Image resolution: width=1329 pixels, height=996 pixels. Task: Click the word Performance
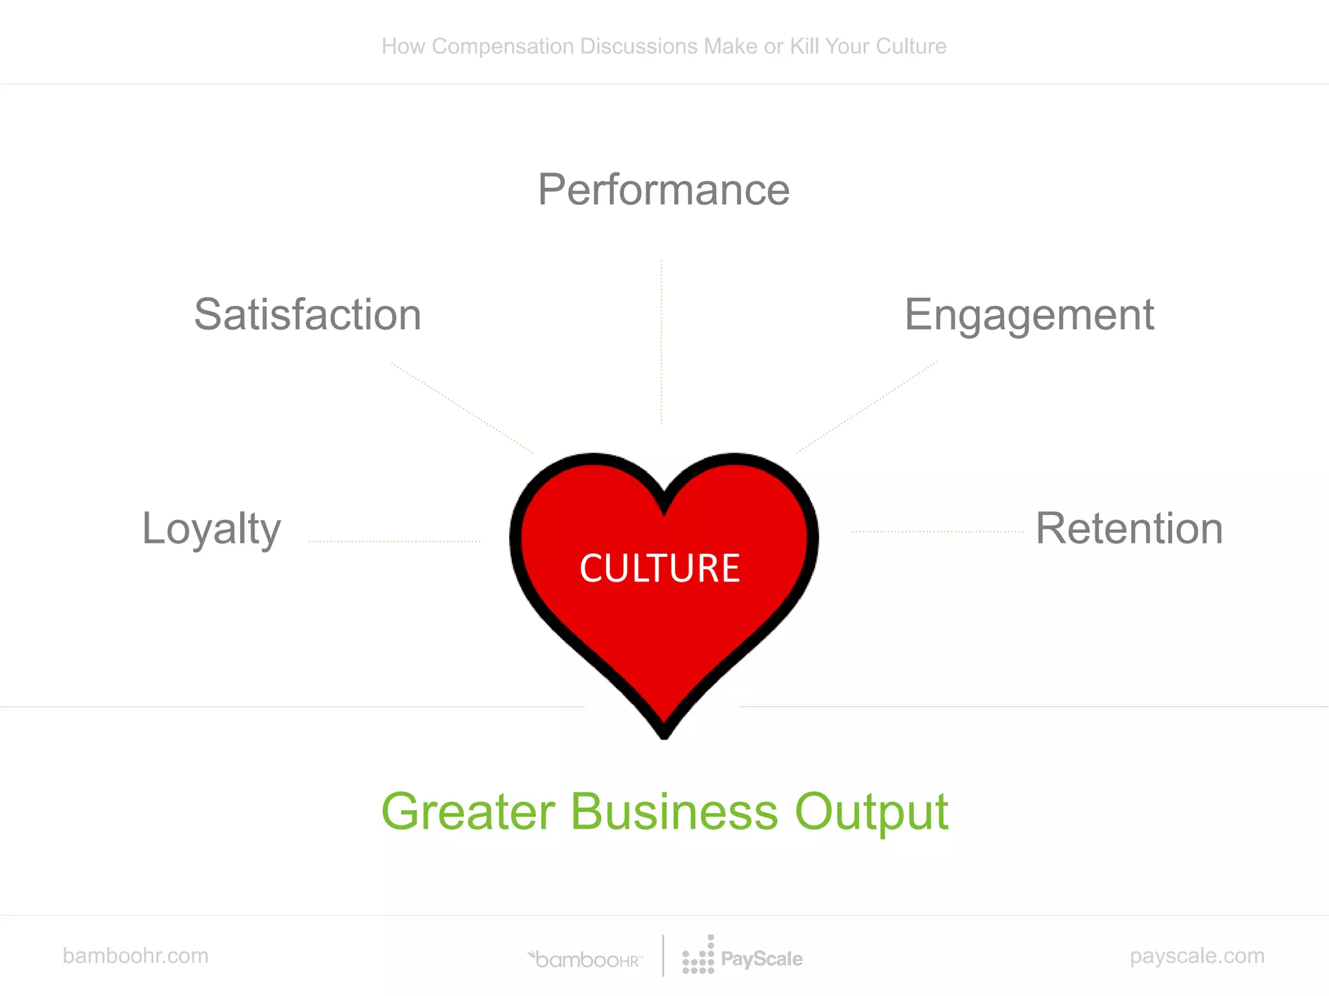(663, 190)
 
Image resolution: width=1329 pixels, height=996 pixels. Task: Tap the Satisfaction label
(308, 315)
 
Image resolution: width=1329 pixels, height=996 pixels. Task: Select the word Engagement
(1029, 315)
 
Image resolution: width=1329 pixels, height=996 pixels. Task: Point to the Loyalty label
(211, 529)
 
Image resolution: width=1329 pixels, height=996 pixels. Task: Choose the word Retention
(1129, 529)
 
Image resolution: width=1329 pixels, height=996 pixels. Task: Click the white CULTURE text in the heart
(659, 568)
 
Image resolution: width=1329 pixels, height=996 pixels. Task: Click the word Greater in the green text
(468, 812)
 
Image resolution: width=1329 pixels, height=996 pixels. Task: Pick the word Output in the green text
(871, 813)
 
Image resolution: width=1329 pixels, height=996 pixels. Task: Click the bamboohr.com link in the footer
(135, 956)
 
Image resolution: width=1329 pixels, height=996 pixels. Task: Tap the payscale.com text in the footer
(1197, 956)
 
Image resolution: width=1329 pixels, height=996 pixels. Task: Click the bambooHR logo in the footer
(586, 959)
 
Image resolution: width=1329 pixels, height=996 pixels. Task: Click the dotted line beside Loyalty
(395, 541)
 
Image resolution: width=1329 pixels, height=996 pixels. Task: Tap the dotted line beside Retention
(937, 532)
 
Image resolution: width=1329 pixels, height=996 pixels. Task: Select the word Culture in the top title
(910, 47)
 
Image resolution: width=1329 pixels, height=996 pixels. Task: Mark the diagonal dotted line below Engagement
(866, 407)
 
